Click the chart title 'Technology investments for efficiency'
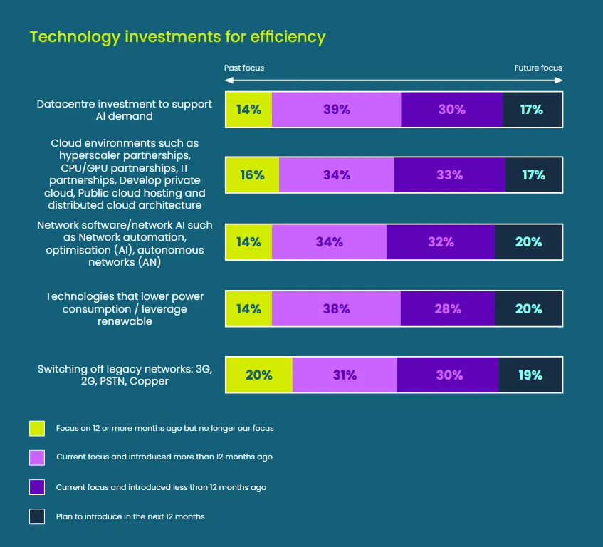pos(177,37)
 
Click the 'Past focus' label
pos(244,68)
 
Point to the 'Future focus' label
pos(538,68)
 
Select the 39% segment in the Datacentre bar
pos(336,110)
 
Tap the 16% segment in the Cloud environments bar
pos(252,175)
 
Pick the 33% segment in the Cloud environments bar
pos(449,175)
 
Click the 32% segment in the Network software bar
pos(441,242)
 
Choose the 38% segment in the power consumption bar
pos(335,309)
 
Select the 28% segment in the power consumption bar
pos(448,309)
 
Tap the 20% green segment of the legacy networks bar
pos(258,375)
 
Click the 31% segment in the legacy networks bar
pos(345,375)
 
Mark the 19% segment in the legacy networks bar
pos(530,375)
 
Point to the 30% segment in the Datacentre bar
pos(452,110)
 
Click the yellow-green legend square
pos(37,428)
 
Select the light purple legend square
pos(37,457)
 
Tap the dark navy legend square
pos(37,516)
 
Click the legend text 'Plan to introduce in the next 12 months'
pos(130,516)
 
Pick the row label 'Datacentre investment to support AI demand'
pos(125,110)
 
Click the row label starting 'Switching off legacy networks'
pos(125,375)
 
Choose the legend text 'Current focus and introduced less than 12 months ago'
pos(161,487)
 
